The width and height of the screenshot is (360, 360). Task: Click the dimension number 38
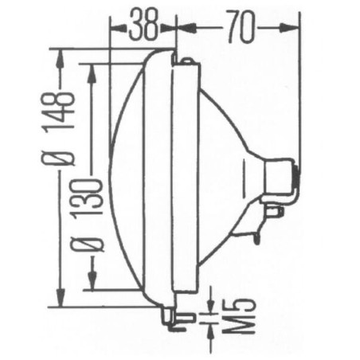click(143, 25)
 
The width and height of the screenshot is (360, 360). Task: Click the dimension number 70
click(241, 26)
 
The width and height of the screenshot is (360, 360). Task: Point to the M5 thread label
click(238, 316)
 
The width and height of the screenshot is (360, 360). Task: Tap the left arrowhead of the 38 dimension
click(117, 28)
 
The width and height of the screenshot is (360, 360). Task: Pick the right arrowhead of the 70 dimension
click(289, 28)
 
